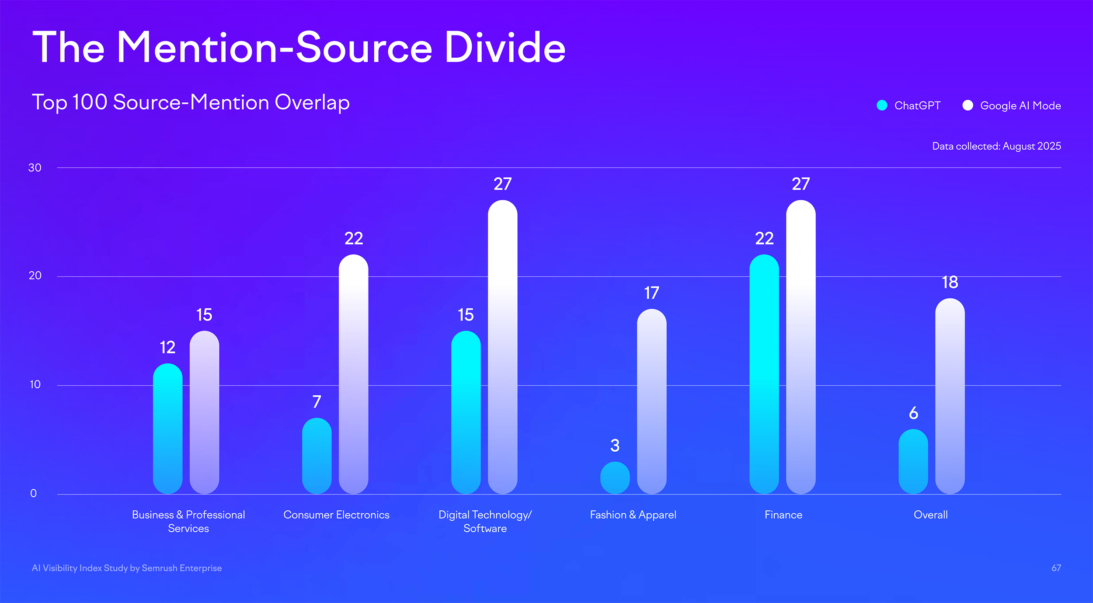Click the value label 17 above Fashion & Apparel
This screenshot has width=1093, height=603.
coord(651,293)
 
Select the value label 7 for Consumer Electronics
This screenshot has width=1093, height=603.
coord(317,401)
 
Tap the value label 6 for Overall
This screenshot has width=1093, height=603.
coord(913,413)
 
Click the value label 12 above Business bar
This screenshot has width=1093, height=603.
coord(167,347)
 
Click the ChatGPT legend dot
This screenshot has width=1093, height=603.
coord(882,105)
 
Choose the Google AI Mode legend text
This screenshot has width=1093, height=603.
coord(1020,105)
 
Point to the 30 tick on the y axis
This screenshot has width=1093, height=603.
coord(35,167)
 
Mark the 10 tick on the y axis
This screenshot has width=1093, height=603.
coord(35,384)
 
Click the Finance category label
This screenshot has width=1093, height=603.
coord(783,515)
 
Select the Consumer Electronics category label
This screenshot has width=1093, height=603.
coord(336,515)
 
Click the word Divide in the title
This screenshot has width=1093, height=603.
coord(505,48)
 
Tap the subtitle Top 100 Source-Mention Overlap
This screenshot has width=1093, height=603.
coord(191,102)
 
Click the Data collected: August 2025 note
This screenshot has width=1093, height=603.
coord(996,146)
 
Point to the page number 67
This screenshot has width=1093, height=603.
coord(1056,568)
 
